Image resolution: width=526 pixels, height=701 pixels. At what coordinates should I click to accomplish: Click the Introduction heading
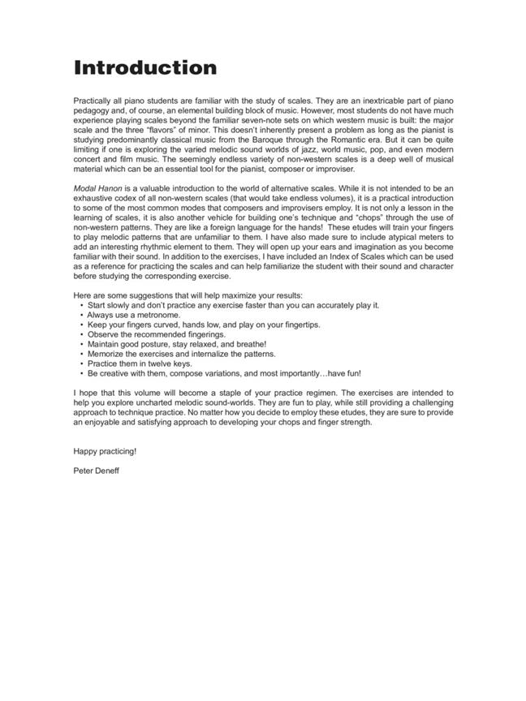click(x=145, y=67)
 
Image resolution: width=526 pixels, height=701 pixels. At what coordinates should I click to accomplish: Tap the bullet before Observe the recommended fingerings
click(x=82, y=334)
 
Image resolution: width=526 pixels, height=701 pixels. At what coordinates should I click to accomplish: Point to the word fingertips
click(x=295, y=325)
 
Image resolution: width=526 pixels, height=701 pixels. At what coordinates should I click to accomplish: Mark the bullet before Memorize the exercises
click(x=82, y=354)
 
